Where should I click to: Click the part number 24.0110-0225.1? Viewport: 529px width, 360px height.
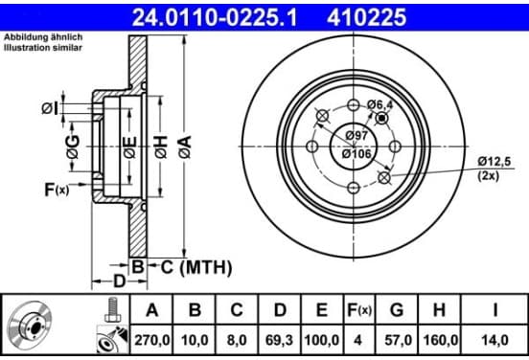click(215, 17)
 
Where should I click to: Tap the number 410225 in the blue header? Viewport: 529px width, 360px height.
click(366, 17)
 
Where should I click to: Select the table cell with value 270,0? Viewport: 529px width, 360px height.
click(151, 340)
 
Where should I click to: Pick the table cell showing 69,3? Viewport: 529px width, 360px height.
click(280, 340)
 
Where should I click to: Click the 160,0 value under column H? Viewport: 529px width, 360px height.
click(439, 340)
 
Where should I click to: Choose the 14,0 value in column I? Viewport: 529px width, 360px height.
click(494, 340)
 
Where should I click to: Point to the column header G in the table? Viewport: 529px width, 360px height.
click(397, 309)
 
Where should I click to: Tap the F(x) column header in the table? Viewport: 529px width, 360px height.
click(359, 310)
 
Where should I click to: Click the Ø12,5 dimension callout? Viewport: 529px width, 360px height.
click(494, 162)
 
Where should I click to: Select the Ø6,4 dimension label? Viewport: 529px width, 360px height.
click(380, 104)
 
